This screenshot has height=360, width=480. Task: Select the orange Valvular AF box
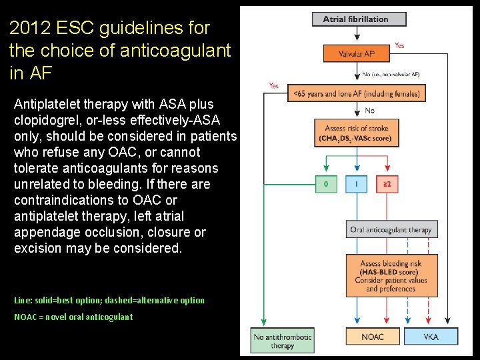tap(356, 54)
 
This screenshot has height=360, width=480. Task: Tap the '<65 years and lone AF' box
tap(357, 94)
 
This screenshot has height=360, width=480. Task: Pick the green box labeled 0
tap(326, 183)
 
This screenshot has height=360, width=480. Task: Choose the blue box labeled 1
tap(357, 183)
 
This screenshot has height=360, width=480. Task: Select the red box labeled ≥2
tap(388, 183)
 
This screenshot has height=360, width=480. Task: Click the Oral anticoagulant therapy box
tap(391, 230)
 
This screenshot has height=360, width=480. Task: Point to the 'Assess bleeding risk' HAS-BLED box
tap(391, 276)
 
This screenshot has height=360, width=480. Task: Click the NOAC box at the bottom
tap(372, 337)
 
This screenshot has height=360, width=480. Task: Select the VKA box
tap(431, 337)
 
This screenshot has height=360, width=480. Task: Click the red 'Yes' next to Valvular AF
tap(399, 45)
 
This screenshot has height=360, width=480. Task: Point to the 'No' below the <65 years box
tap(369, 110)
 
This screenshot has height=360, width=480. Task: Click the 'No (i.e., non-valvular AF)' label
tap(391, 74)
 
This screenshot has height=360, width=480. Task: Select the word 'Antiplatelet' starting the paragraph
tap(50, 104)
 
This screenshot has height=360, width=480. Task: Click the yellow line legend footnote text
tap(109, 300)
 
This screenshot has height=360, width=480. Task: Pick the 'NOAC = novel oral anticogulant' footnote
tap(73, 317)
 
